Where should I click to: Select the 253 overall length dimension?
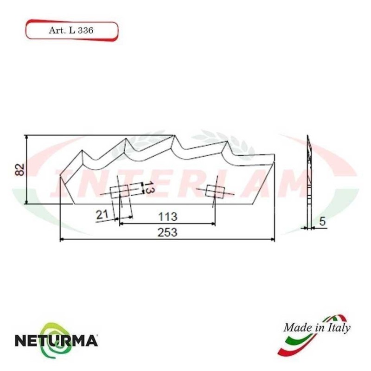tap(167, 233)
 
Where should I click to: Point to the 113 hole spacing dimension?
tap(167, 216)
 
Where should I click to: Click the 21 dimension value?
tap(102, 214)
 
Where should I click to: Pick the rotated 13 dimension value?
tap(147, 189)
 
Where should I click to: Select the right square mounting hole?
tap(215, 191)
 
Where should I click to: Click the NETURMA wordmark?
tap(57, 341)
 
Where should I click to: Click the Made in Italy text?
tap(317, 328)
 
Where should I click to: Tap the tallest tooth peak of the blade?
tap(174, 135)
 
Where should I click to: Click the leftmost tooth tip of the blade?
tap(83, 151)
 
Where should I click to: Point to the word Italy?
tap(339, 328)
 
